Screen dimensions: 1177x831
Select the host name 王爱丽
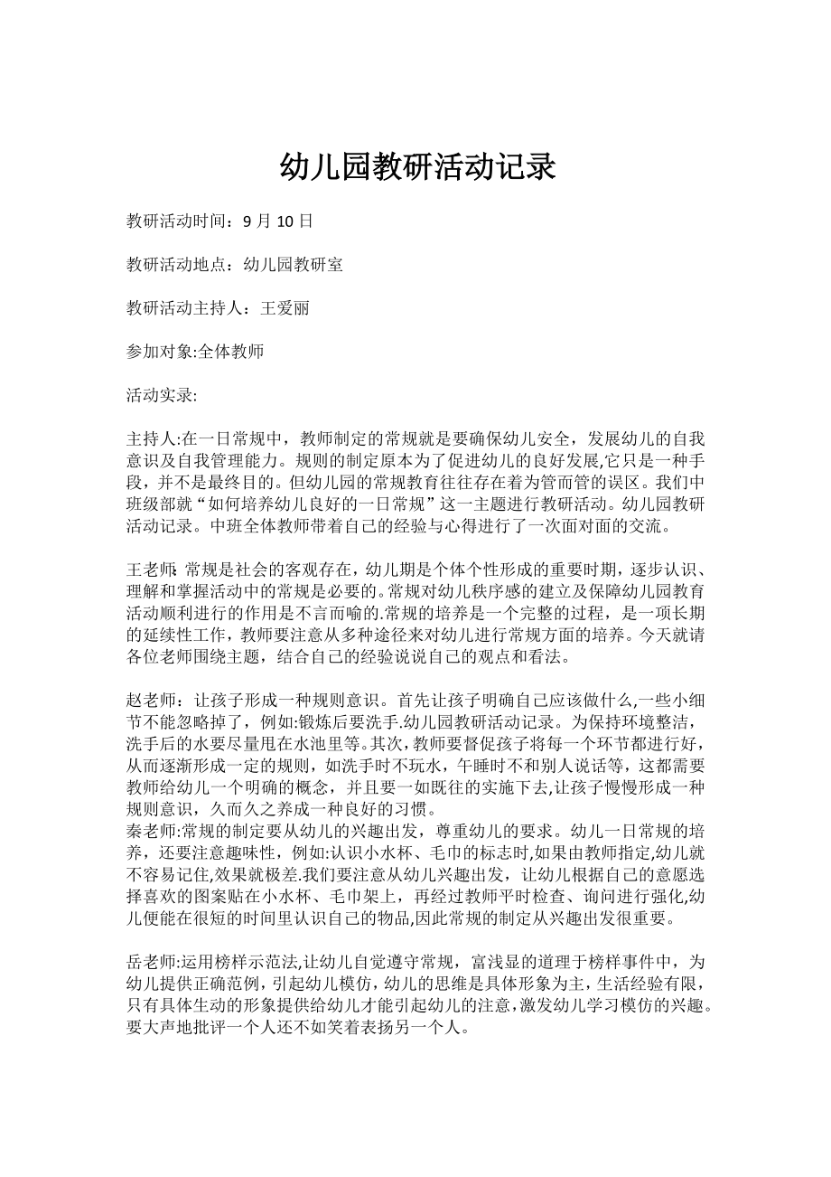pos(285,308)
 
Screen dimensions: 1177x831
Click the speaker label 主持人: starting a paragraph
pos(154,439)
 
